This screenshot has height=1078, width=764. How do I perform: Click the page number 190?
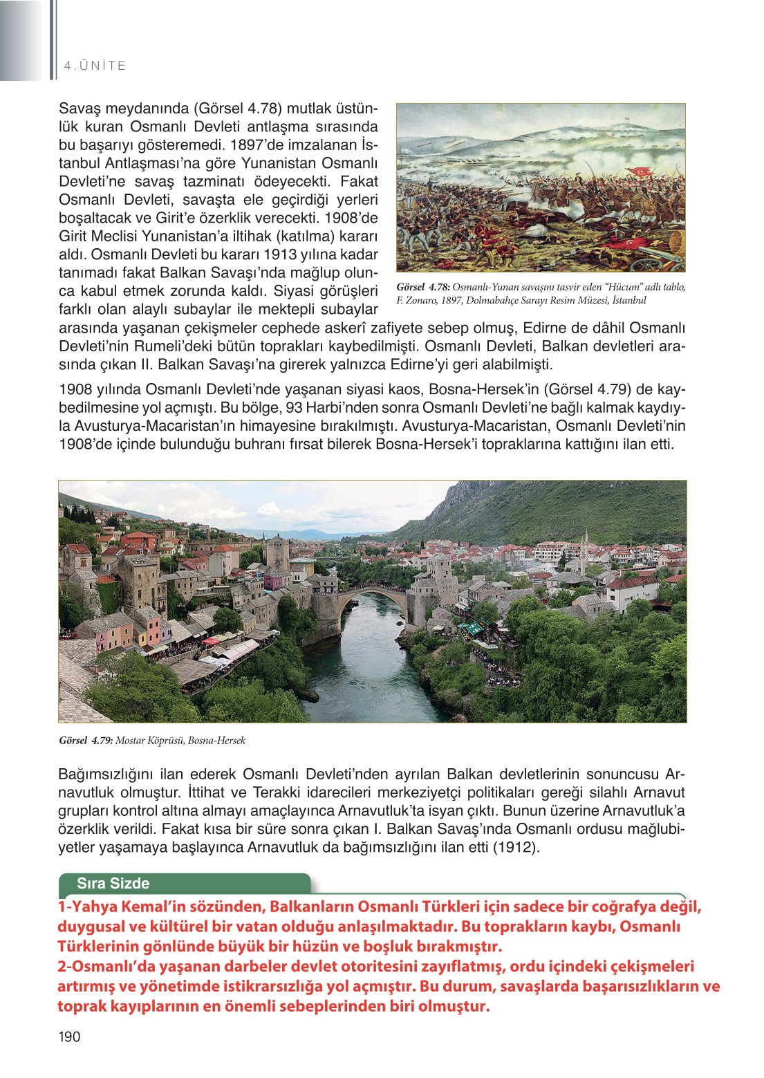tap(70, 1037)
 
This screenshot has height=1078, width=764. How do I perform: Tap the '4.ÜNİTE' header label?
tap(95, 66)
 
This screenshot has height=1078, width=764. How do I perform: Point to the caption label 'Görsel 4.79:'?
tap(86, 741)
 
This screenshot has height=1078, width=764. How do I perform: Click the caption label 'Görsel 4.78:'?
tap(423, 287)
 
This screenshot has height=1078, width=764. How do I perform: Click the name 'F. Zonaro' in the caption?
tap(415, 300)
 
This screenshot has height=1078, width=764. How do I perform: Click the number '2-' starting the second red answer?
tap(64, 967)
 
